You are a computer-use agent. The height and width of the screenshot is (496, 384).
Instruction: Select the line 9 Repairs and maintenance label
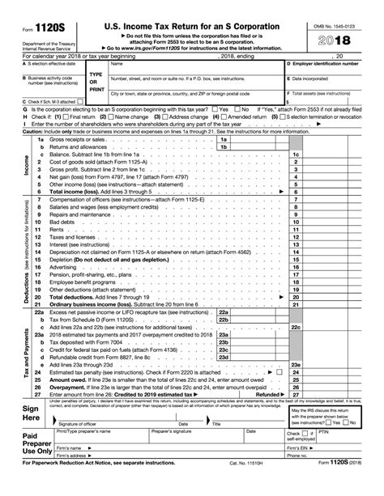tap(82, 214)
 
